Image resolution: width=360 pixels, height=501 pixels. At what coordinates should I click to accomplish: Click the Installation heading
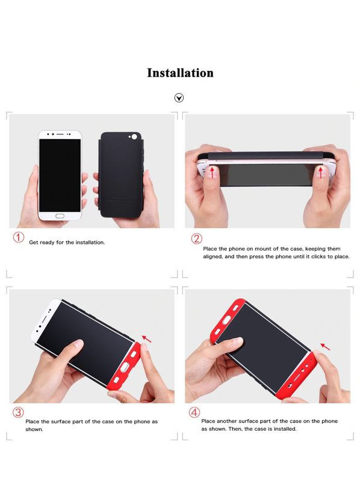(x=180, y=73)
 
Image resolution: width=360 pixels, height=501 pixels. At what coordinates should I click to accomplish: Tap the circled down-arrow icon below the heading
(x=179, y=98)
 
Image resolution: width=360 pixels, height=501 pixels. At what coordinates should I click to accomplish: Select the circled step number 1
(x=19, y=237)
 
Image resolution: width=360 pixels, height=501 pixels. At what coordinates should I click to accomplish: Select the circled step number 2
(x=196, y=238)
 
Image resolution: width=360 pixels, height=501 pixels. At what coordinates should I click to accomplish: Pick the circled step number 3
(x=18, y=412)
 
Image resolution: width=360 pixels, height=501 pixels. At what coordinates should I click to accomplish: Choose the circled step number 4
(x=194, y=412)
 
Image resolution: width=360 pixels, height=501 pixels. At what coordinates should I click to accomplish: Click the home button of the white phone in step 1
(x=60, y=216)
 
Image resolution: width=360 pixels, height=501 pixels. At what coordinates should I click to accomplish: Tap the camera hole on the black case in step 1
(x=134, y=137)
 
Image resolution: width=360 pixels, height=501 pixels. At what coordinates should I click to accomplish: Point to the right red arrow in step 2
(x=321, y=172)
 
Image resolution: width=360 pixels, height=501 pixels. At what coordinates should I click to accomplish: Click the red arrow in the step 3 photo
(x=147, y=338)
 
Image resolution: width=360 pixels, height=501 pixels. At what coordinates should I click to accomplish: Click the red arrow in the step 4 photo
(x=325, y=346)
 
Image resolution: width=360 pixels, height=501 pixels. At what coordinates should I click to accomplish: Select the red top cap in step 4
(x=228, y=320)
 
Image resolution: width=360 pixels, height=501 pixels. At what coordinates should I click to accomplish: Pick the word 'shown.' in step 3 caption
(x=34, y=429)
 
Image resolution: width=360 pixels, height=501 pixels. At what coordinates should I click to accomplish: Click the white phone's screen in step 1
(x=60, y=175)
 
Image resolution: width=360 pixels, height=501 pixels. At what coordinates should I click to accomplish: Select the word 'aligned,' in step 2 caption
(x=213, y=257)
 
